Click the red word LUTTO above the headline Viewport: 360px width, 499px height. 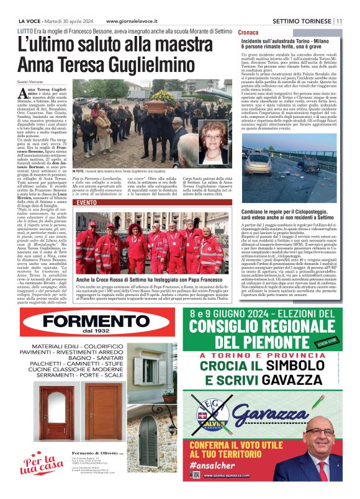point(26,30)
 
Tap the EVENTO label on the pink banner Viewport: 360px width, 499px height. point(85,202)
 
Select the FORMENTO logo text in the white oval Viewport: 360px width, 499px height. point(91,321)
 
